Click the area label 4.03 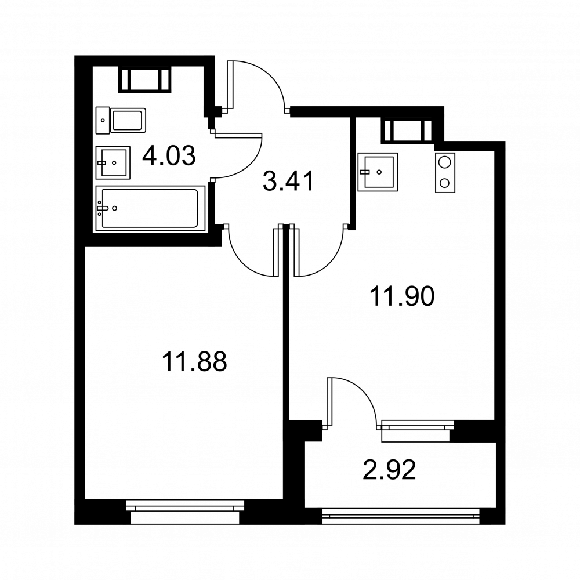pyautogui.click(x=169, y=155)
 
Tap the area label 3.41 pyautogui.click(x=288, y=181)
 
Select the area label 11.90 pyautogui.click(x=402, y=296)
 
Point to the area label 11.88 pyautogui.click(x=194, y=361)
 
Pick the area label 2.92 pyautogui.click(x=390, y=469)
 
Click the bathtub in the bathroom pyautogui.click(x=150, y=209)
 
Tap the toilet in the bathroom pyautogui.click(x=121, y=121)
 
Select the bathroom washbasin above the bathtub pyautogui.click(x=113, y=163)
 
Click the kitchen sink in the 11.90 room pyautogui.click(x=378, y=172)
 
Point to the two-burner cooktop pyautogui.click(x=445, y=173)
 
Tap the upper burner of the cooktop pyautogui.click(x=445, y=162)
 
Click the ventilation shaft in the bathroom pyautogui.click(x=144, y=79)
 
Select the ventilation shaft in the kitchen pyautogui.click(x=408, y=130)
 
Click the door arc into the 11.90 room pyautogui.click(x=331, y=261)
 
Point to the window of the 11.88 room pyautogui.click(x=185, y=512)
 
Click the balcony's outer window pyautogui.click(x=401, y=516)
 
